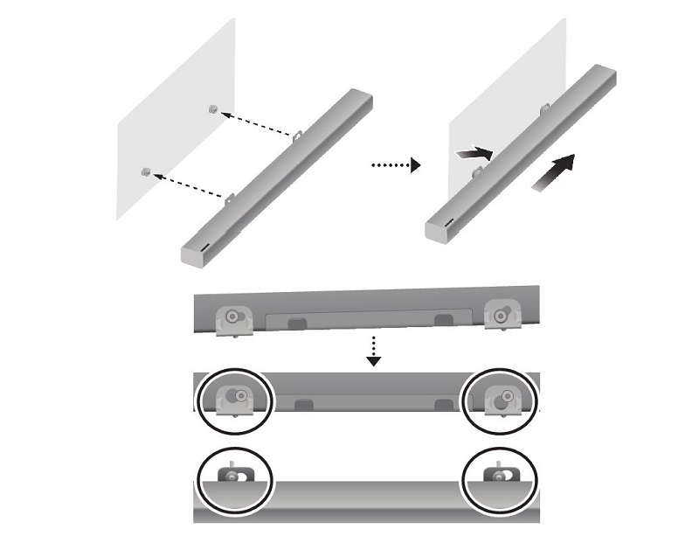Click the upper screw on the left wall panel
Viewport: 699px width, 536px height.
point(213,108)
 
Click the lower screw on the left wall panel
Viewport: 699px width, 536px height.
point(146,171)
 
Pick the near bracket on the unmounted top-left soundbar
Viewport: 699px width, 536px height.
point(232,199)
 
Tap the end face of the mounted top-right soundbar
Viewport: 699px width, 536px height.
point(442,230)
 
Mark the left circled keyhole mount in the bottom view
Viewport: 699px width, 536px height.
point(234,477)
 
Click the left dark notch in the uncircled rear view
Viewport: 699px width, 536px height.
point(296,324)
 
